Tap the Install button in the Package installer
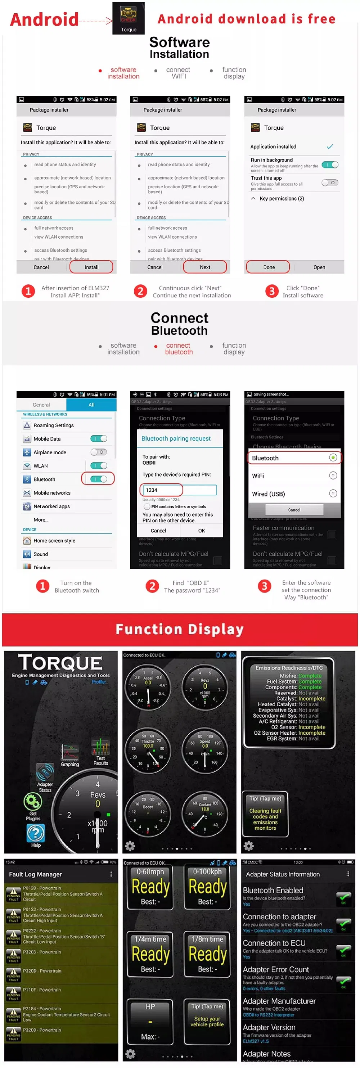click(91, 267)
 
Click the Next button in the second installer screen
click(205, 267)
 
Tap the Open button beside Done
click(319, 267)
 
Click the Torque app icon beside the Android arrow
click(129, 18)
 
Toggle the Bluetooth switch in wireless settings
click(99, 479)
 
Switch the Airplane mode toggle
click(99, 452)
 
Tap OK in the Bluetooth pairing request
click(202, 530)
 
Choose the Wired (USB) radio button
click(333, 494)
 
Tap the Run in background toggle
click(330, 165)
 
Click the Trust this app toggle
click(330, 182)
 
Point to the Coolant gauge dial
click(205, 813)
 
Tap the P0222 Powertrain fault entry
click(62, 936)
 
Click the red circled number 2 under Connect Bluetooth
click(152, 586)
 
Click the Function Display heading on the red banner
click(180, 629)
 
